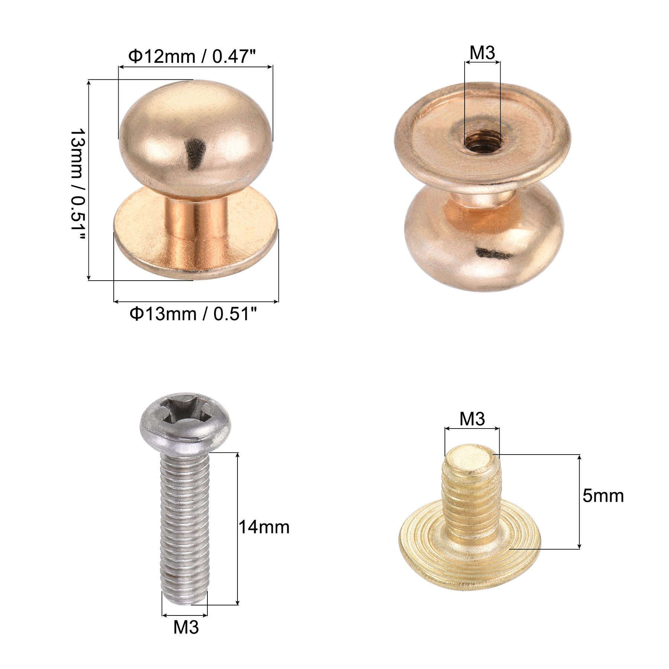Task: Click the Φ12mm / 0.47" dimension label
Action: [192, 56]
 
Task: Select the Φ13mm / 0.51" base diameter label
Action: [193, 314]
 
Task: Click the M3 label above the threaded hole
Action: [482, 53]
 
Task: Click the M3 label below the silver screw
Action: [186, 627]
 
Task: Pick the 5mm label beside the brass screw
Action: [603, 496]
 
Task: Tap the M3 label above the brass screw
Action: [472, 419]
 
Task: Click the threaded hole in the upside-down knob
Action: [482, 141]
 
